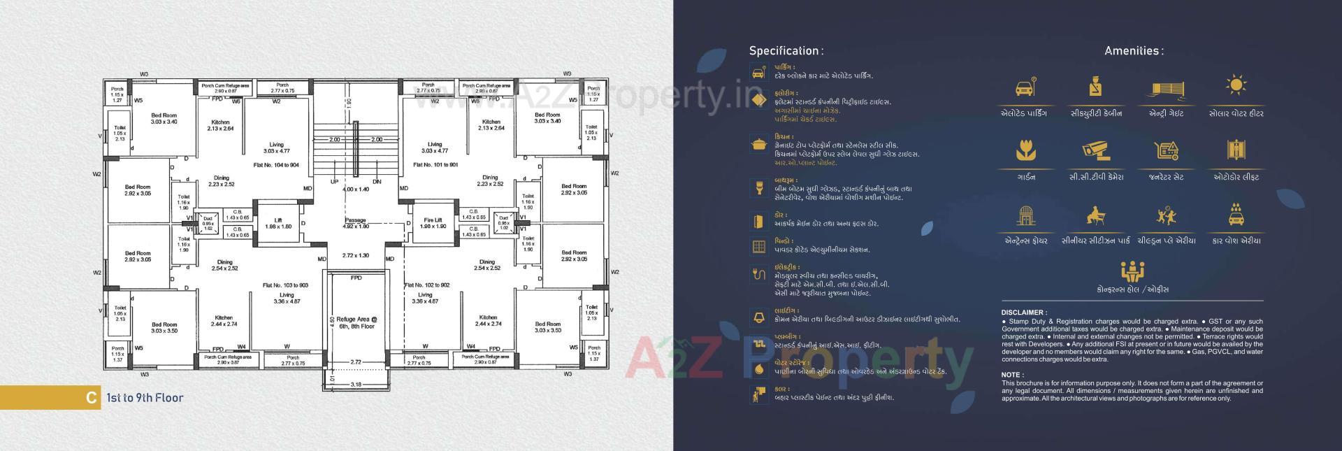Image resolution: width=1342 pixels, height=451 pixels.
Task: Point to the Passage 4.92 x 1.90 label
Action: [x=356, y=223]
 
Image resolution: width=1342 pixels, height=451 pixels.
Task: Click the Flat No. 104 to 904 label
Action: [x=277, y=166]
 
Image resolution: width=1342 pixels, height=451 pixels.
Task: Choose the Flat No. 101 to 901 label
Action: [x=436, y=166]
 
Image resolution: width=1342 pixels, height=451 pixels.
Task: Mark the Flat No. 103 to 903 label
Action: [x=285, y=286]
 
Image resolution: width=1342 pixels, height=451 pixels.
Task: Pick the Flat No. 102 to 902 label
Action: [x=427, y=285]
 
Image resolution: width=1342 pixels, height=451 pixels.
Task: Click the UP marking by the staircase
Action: [x=334, y=182]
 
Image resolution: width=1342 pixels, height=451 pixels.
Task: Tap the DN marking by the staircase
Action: [x=377, y=182]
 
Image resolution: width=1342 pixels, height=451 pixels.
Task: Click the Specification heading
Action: [x=786, y=51]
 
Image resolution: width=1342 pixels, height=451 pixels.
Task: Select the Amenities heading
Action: [x=1134, y=51]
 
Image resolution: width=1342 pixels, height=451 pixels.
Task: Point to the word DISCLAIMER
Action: [x=1024, y=313]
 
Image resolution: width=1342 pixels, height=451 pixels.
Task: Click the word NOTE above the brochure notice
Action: [x=1012, y=375]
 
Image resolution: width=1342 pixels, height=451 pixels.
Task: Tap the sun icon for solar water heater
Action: [x=1236, y=86]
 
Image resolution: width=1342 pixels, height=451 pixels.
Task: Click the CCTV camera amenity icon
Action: [x=1095, y=150]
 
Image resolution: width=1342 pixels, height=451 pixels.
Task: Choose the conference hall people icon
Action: [x=1132, y=271]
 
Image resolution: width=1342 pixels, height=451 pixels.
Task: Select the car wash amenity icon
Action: [x=1236, y=215]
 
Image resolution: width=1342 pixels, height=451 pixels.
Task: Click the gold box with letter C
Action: [x=90, y=398]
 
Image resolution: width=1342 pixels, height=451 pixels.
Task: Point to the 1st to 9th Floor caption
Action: [x=144, y=398]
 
